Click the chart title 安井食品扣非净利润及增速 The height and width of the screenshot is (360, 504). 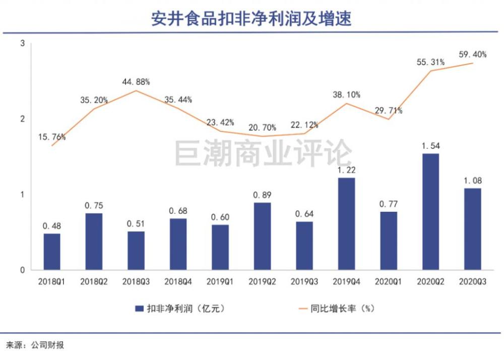tap(251, 19)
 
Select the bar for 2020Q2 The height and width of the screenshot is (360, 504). tap(430, 212)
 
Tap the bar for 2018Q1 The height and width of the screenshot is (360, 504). tap(52, 252)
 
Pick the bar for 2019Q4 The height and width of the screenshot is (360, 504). tap(346, 224)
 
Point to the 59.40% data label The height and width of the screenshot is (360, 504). tap(472, 54)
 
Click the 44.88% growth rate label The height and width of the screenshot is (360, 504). tap(136, 82)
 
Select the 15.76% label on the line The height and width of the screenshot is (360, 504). tap(51, 137)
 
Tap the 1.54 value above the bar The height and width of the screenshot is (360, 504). tap(430, 146)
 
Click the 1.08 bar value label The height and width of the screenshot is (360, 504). tap(472, 181)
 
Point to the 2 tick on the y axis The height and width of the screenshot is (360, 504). tap(22, 119)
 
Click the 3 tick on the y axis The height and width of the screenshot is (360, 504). tap(22, 44)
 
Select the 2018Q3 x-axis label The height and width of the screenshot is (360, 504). tap(136, 282)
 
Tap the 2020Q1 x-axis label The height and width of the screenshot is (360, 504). tap(388, 282)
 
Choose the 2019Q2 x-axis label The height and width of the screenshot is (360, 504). tap(262, 282)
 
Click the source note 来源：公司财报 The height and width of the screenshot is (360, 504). tap(35, 345)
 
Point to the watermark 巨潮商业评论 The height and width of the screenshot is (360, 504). tap(263, 153)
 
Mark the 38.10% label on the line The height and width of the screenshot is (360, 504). tap(346, 94)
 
